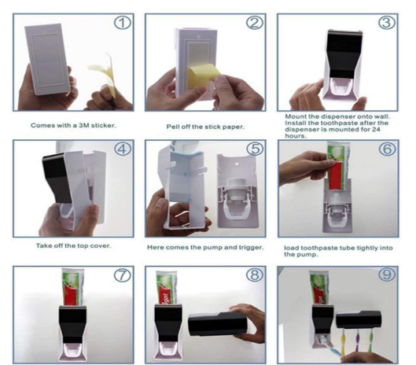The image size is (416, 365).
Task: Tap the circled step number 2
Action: point(253,22)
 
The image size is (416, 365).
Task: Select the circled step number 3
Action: point(385,22)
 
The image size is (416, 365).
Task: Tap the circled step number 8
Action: point(253,277)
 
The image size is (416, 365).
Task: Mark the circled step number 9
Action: point(385,277)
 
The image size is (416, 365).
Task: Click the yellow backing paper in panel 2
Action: point(196,78)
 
